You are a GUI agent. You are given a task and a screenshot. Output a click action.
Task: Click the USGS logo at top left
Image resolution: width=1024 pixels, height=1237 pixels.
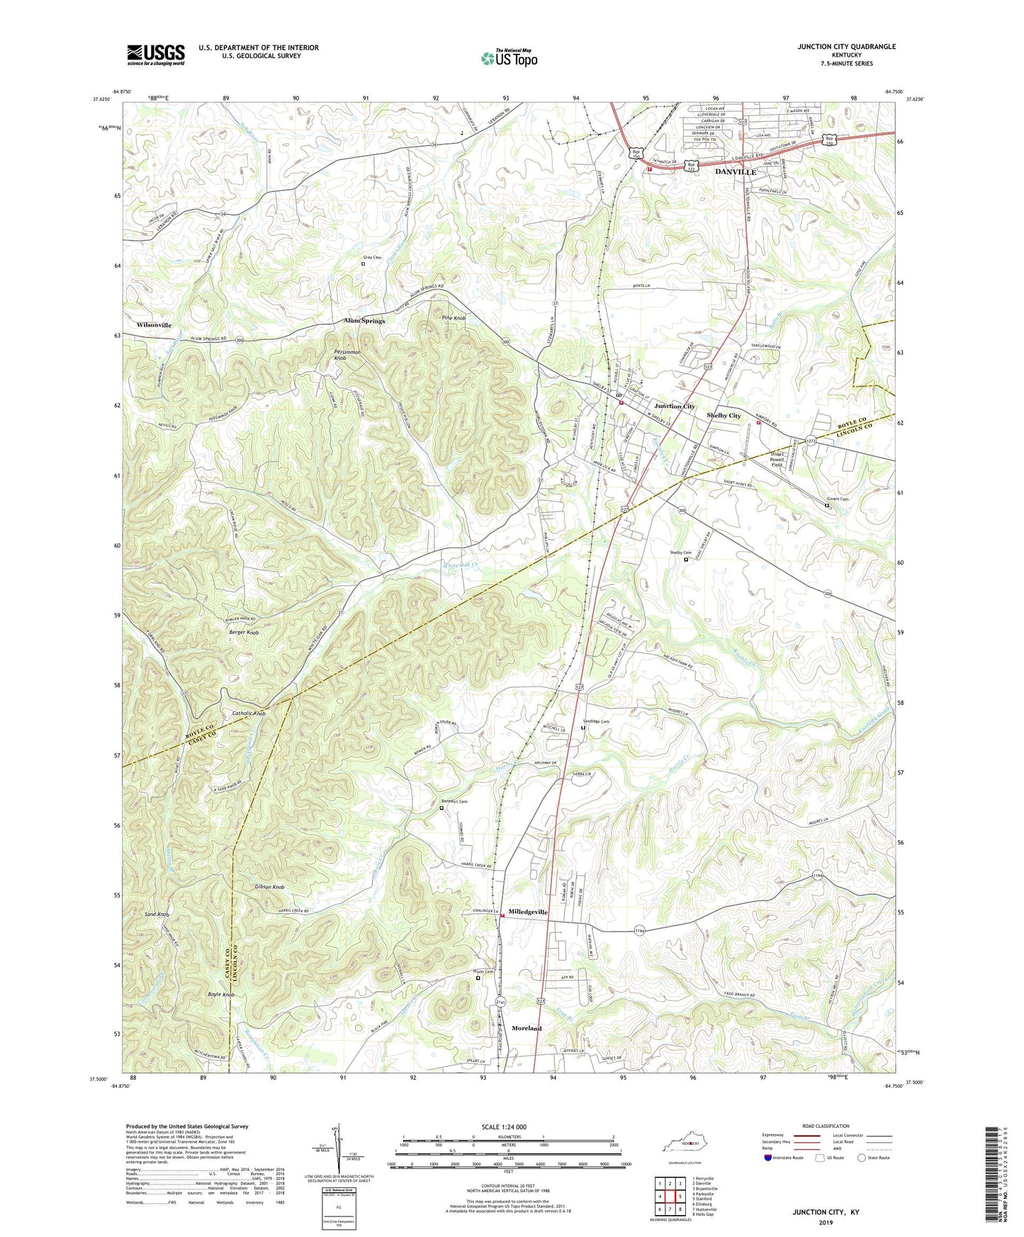pyautogui.click(x=156, y=55)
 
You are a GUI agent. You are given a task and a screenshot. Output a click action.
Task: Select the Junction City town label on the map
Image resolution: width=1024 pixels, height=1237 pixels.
pyautogui.click(x=674, y=406)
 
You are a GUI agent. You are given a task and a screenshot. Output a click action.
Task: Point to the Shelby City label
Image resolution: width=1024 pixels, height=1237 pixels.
pyautogui.click(x=724, y=415)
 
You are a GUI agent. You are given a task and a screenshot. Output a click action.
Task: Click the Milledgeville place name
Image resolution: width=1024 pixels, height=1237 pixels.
pyautogui.click(x=528, y=913)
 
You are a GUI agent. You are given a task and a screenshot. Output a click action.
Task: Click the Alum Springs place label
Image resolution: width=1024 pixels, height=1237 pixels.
pyautogui.click(x=364, y=321)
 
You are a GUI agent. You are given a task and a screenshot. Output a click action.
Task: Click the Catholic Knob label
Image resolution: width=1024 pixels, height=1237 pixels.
pyautogui.click(x=249, y=713)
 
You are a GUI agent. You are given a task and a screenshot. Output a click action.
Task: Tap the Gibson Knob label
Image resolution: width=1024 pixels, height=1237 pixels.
pyautogui.click(x=269, y=887)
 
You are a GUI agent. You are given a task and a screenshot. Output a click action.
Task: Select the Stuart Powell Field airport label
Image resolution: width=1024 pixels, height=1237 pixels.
pyautogui.click(x=777, y=459)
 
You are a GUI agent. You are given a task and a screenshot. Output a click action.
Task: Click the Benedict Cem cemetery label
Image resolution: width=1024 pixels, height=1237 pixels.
pyautogui.click(x=454, y=801)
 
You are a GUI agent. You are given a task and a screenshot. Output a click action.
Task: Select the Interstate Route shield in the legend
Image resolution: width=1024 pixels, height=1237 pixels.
pyautogui.click(x=770, y=1158)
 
